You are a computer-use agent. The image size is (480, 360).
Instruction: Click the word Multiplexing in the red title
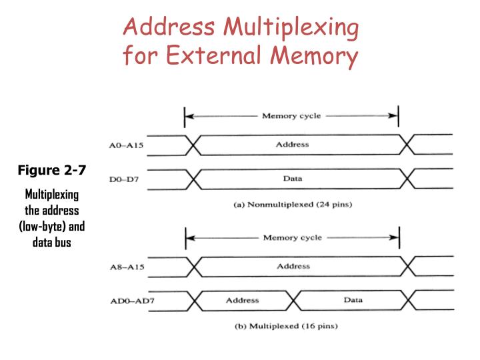tap(291, 27)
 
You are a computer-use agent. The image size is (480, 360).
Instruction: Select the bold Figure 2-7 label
tap(52, 170)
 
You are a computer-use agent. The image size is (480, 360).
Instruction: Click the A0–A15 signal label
tap(126, 145)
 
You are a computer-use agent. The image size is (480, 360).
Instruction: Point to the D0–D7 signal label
tap(124, 179)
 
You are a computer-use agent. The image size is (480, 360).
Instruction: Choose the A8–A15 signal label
tap(127, 267)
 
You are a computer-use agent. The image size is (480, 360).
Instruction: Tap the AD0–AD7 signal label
tap(132, 301)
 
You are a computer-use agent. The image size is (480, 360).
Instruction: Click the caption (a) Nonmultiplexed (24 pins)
tap(293, 205)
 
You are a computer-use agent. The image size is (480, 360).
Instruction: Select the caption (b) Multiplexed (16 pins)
tap(286, 326)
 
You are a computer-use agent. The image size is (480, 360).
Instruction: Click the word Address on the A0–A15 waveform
tap(293, 145)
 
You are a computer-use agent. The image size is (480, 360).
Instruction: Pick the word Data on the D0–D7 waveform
tap(293, 179)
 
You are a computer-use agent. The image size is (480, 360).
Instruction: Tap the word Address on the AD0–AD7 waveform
tap(243, 300)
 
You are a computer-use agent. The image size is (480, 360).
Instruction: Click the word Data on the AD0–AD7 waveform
tap(353, 300)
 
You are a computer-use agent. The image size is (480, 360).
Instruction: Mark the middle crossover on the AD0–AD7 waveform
tap(293, 300)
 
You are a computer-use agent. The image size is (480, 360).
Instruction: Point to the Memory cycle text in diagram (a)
tap(291, 116)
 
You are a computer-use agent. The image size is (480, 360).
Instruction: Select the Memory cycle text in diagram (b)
tap(293, 237)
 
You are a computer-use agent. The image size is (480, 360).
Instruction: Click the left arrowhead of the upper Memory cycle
tap(189, 116)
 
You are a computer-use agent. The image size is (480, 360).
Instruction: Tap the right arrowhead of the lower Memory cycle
tap(395, 237)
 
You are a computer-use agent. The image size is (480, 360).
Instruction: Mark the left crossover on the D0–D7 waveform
tap(193, 179)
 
